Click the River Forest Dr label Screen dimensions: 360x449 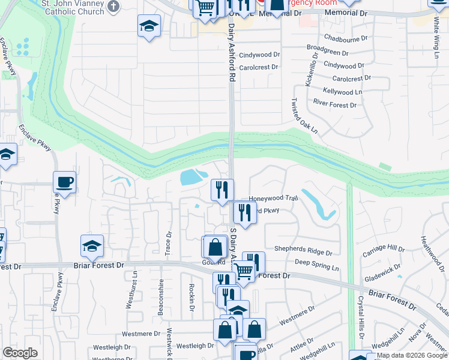coord(335,104)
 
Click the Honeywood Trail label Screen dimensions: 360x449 coord(274,197)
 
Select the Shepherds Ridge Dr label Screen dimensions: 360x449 coord(303,249)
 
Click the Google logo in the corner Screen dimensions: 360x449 coord(20,353)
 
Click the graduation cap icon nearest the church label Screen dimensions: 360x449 coord(149,26)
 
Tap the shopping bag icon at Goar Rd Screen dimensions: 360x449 coord(215,247)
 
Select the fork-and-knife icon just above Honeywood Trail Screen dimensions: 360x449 coord(223,190)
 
